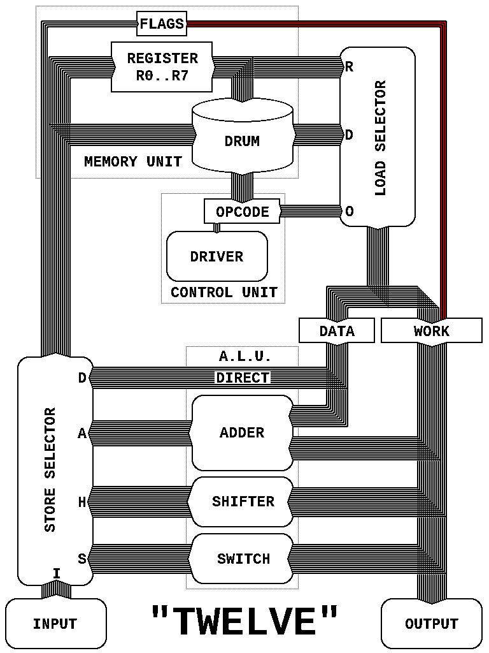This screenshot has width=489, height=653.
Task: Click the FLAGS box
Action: pyautogui.click(x=162, y=25)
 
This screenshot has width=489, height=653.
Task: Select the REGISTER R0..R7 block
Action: pyautogui.click(x=162, y=66)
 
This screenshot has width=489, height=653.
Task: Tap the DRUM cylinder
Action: pyautogui.click(x=242, y=140)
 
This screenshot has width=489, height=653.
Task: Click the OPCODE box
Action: pyautogui.click(x=242, y=212)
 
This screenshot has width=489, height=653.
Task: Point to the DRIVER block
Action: pyautogui.click(x=216, y=256)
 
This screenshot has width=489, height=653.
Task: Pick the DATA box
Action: pyautogui.click(x=337, y=331)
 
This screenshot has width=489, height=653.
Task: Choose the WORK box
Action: pyautogui.click(x=431, y=331)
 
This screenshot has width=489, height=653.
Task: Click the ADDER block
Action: pyautogui.click(x=242, y=432)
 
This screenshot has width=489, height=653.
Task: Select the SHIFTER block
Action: pyautogui.click(x=243, y=501)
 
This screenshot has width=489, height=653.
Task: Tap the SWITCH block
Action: pyautogui.click(x=243, y=559)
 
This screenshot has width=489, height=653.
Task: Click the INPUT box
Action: pyautogui.click(x=55, y=624)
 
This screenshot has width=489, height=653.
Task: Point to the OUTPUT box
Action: pyautogui.click(x=431, y=624)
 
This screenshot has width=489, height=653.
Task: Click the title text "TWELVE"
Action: pyautogui.click(x=244, y=621)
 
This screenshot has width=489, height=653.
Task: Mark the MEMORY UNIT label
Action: pyautogui.click(x=132, y=161)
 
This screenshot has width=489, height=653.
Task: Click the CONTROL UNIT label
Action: pyautogui.click(x=223, y=293)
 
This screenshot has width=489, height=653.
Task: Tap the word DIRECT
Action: pyautogui.click(x=243, y=378)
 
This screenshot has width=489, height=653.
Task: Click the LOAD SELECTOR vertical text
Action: pyautogui.click(x=381, y=137)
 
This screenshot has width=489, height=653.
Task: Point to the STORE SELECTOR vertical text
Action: pyautogui.click(x=50, y=469)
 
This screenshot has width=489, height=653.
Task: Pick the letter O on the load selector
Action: pyautogui.click(x=349, y=211)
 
